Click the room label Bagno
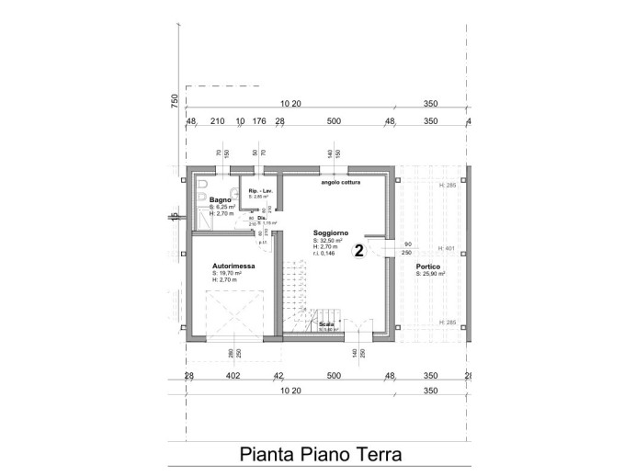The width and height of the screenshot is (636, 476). point(220,199)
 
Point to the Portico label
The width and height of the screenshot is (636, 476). point(428,266)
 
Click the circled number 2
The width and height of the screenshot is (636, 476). point(359,249)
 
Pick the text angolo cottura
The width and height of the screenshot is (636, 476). point(340,182)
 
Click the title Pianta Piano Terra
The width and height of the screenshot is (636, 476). point(321,454)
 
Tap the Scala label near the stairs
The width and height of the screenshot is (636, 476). point(326,324)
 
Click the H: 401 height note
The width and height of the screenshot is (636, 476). point(449,248)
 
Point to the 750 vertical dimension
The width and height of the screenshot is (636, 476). point(175,102)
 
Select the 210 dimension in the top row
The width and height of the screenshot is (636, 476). point(218,120)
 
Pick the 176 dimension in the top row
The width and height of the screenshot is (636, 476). point(259,120)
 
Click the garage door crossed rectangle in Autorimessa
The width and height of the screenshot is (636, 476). point(234,314)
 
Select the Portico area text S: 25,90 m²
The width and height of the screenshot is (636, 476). point(437,273)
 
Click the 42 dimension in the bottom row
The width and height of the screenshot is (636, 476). point(278,375)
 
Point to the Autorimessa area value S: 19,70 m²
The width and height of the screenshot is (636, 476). point(227,273)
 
